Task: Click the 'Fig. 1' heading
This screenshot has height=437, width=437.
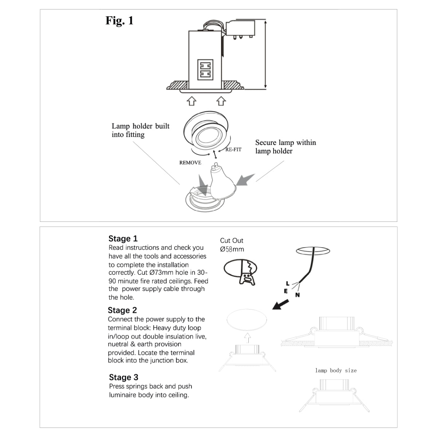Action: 119,21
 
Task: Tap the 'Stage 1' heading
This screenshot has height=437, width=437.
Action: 123,239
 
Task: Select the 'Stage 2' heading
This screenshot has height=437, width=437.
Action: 122,310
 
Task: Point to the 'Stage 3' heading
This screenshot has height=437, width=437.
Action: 123,377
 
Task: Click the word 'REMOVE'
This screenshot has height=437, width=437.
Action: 190,163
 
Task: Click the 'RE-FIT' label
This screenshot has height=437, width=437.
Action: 233,150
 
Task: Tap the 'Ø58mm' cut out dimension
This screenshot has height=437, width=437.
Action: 232,249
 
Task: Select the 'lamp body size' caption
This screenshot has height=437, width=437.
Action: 336,370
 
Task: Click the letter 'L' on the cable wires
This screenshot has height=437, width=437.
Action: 288,283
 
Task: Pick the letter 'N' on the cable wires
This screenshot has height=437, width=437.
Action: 298,295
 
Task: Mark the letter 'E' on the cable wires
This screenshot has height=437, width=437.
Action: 286,291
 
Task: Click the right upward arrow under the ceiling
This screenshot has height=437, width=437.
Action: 221,101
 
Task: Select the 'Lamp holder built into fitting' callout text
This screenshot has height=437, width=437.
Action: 141,130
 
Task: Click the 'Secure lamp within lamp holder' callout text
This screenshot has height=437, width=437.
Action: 286,147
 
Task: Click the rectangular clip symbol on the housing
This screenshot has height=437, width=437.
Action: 204,70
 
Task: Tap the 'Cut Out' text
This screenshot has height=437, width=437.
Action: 232,241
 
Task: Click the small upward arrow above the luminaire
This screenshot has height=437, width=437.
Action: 248,338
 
